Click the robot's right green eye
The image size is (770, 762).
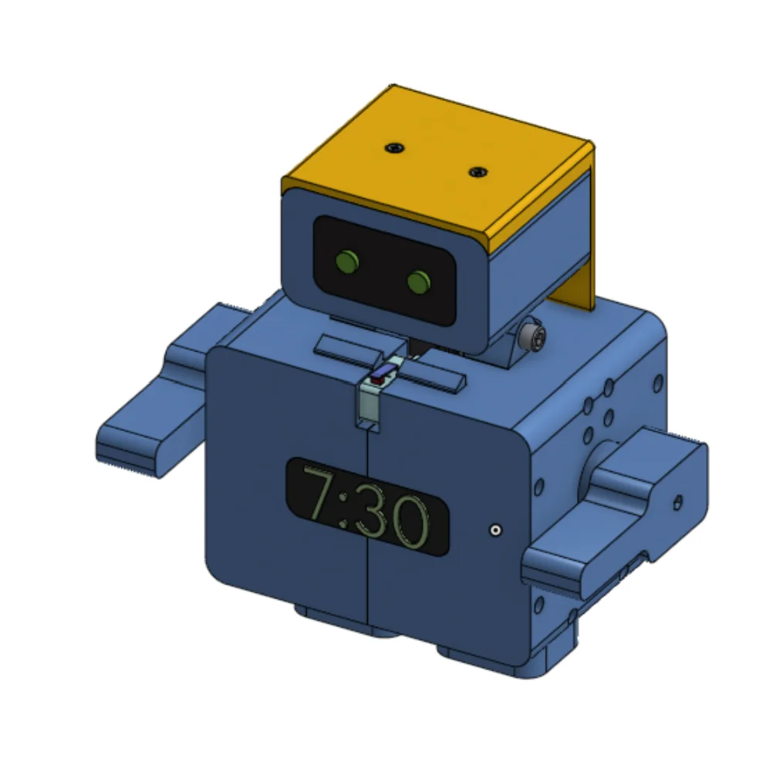tap(419, 282)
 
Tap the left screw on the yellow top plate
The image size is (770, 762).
tap(395, 147)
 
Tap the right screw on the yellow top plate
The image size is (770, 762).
tap(478, 172)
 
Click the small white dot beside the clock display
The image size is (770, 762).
tap(495, 531)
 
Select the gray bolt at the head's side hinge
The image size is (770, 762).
tap(533, 335)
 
